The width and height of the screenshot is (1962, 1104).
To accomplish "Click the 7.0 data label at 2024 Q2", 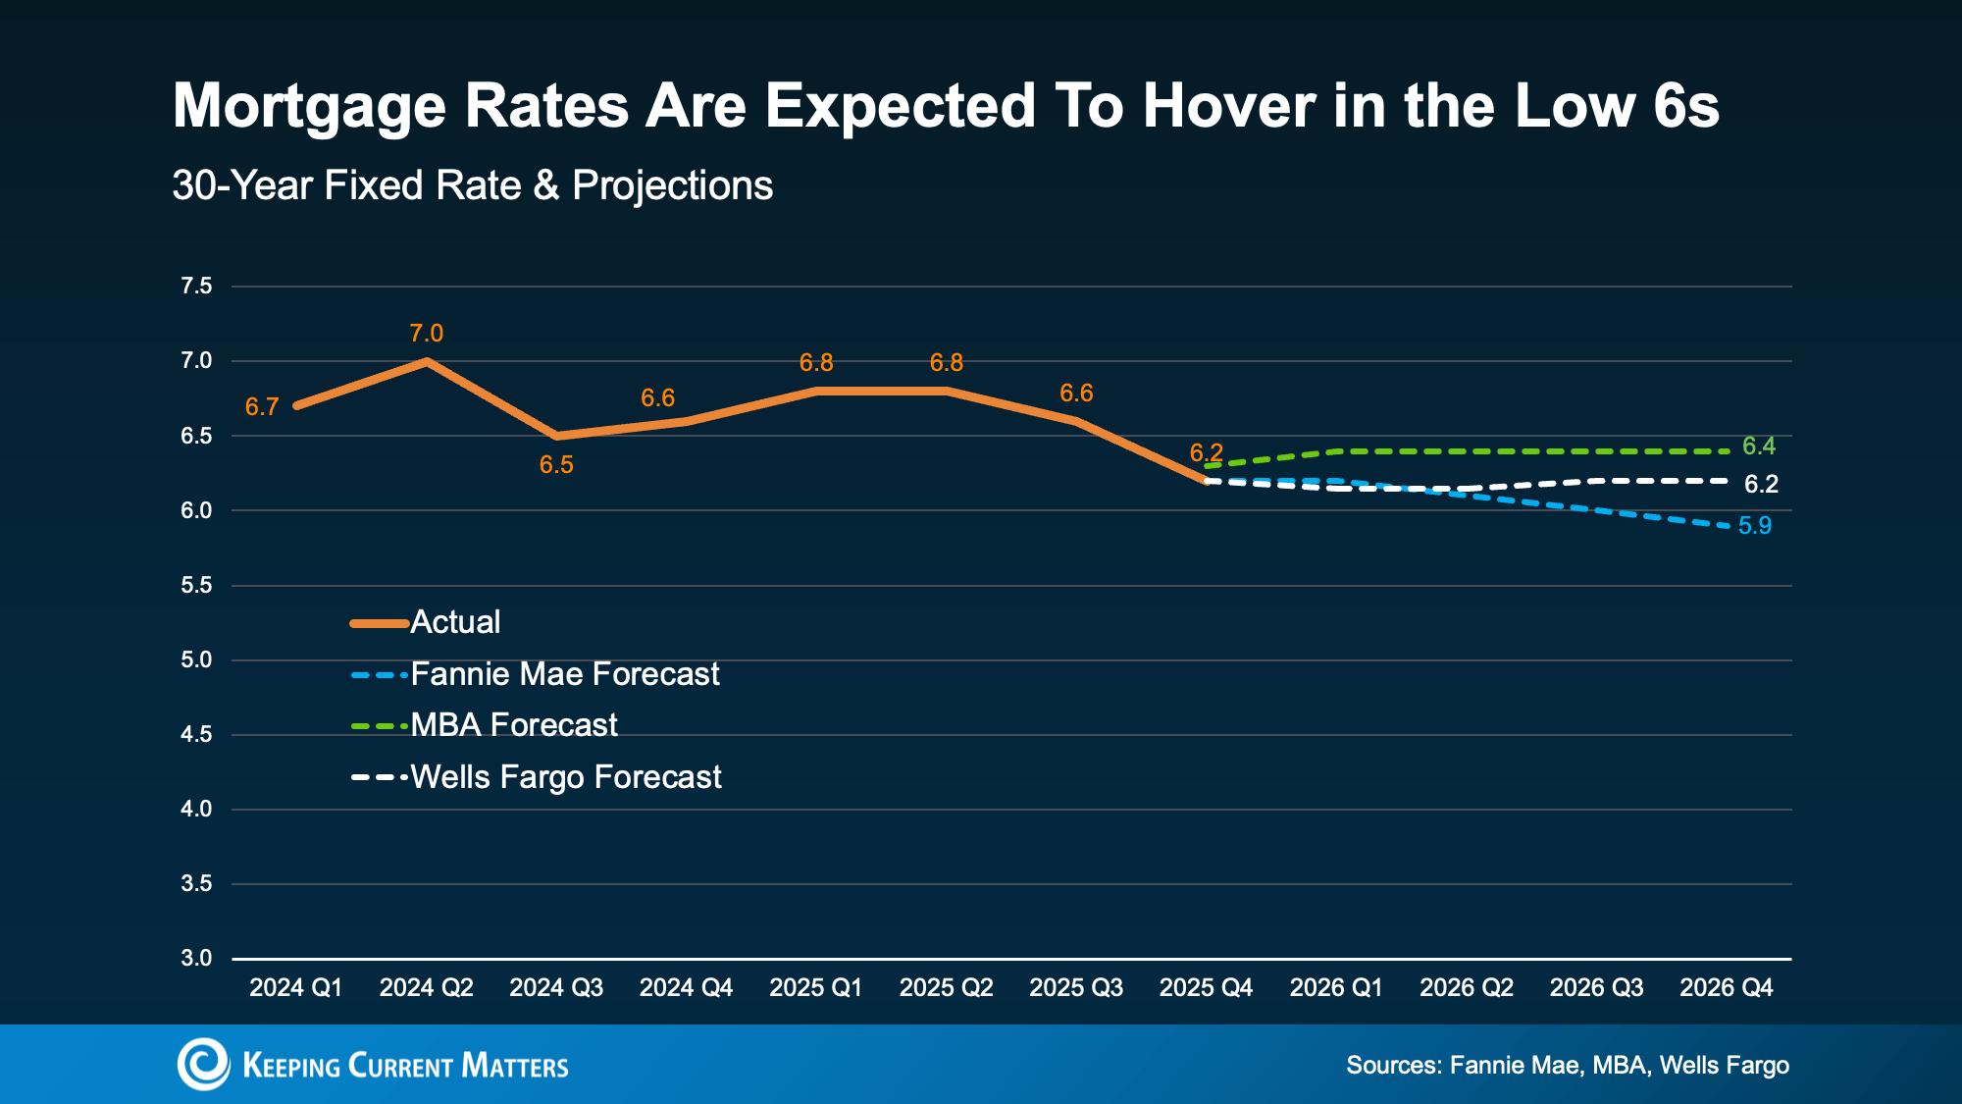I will (x=426, y=334).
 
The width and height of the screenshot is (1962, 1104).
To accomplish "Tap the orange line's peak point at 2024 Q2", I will (x=426, y=361).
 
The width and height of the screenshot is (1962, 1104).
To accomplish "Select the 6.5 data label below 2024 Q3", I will (x=556, y=465).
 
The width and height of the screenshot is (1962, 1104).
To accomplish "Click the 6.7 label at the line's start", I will (x=262, y=407).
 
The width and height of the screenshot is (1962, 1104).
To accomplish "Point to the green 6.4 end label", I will (x=1758, y=447).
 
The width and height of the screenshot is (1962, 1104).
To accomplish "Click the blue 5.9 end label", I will (x=1754, y=526).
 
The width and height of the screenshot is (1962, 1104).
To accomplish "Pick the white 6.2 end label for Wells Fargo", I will (x=1761, y=484).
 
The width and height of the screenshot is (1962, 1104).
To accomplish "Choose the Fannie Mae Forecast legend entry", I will (x=564, y=674).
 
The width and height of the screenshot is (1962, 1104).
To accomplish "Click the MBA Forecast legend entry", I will (x=513, y=725).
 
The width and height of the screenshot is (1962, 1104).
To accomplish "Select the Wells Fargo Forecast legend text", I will (x=565, y=777).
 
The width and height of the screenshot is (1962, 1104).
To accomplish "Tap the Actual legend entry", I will (x=454, y=622).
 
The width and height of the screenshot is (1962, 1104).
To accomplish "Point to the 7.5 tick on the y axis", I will (x=196, y=287).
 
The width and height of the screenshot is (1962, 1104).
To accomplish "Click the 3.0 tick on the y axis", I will (x=196, y=958).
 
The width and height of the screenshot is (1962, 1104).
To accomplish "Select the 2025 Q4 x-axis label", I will (x=1206, y=988).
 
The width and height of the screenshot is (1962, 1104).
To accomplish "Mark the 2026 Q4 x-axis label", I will (x=1726, y=988).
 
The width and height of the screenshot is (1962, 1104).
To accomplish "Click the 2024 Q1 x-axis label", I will (x=295, y=988).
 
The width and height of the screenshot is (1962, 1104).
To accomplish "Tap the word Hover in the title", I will (x=1228, y=106).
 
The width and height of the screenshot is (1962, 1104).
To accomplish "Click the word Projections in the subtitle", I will (x=672, y=185).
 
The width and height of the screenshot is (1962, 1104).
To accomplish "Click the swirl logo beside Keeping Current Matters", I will (x=203, y=1064).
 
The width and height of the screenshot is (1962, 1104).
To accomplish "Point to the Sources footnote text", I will (x=1567, y=1066).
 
